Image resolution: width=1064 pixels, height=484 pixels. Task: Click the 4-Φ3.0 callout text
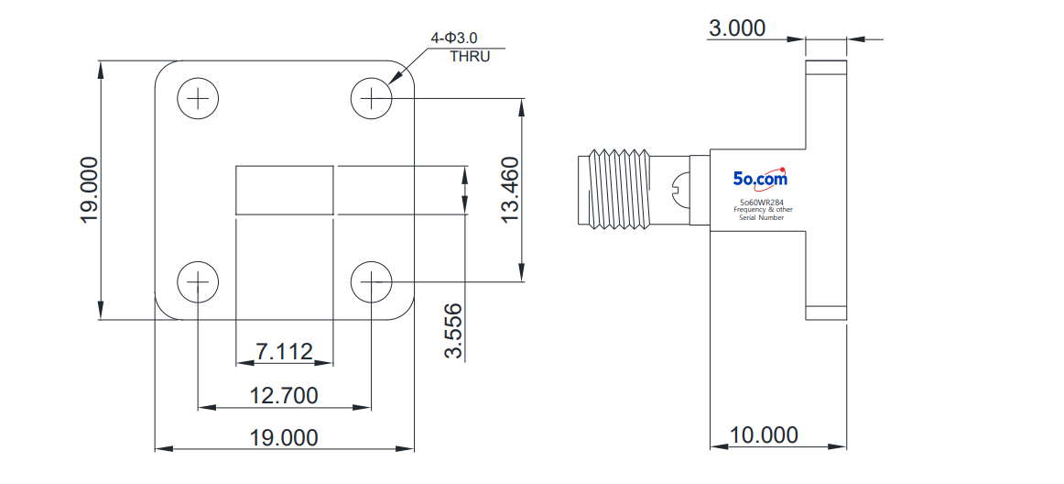(453, 38)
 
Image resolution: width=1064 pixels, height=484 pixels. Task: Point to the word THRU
(470, 57)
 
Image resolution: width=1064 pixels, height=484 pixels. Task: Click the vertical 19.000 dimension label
(89, 190)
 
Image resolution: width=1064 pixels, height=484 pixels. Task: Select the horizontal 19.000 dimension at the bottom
(284, 437)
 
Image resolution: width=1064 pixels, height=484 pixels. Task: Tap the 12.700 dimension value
(284, 395)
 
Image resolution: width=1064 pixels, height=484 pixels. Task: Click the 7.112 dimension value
(284, 351)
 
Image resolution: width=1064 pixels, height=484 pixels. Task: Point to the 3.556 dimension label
(453, 330)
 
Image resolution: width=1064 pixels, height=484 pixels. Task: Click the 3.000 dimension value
(737, 27)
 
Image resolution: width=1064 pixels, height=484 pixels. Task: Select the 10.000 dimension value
(764, 434)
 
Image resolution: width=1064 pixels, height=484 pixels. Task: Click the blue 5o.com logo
(760, 178)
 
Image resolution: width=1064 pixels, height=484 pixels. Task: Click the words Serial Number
(762, 217)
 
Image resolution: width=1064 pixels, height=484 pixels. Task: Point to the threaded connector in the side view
(614, 188)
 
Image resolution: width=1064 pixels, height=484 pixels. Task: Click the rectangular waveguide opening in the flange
(285, 190)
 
